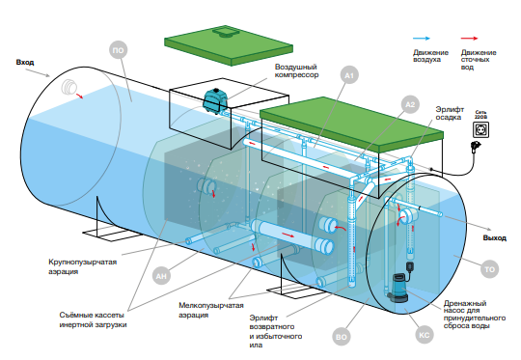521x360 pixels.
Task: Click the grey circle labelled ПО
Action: [119, 50]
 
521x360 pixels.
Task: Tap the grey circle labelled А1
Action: [349, 76]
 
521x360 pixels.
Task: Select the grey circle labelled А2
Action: [410, 104]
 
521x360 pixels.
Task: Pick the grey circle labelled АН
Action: [161, 276]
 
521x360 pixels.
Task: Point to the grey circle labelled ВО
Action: [342, 337]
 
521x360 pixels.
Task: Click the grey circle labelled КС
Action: [425, 335]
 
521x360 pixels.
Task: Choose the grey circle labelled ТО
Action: [490, 269]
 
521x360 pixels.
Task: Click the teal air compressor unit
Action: [216, 100]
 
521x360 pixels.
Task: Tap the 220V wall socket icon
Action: [480, 129]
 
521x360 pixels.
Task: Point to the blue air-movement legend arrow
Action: [422, 39]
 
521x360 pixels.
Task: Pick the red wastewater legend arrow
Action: [469, 39]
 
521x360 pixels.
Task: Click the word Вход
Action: [25, 62]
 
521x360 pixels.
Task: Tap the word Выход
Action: [494, 238]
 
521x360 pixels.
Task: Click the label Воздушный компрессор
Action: [296, 70]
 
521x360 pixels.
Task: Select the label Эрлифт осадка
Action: [450, 113]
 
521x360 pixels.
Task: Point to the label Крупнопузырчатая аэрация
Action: [82, 266]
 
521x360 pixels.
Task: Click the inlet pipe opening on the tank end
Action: [69, 88]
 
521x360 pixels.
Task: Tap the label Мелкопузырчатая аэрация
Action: [211, 310]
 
